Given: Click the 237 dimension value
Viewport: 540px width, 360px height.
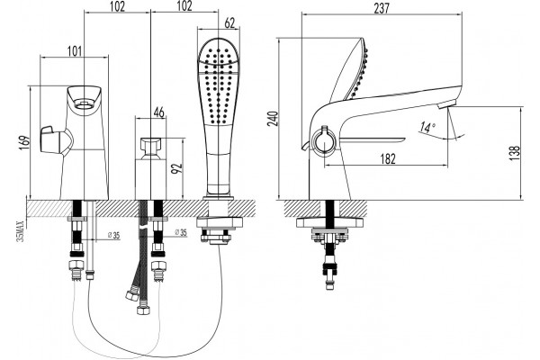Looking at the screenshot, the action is (x=382, y=7).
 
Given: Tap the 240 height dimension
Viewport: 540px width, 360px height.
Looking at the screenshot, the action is (x=273, y=119).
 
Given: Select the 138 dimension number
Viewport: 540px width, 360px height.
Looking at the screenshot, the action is (x=515, y=153).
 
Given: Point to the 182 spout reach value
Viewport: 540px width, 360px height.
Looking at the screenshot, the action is (x=388, y=158).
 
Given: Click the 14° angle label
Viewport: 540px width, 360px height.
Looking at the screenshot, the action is (x=427, y=128).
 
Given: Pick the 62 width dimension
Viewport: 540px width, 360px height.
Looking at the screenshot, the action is (x=229, y=22).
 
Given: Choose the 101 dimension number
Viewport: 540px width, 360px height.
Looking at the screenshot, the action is (x=75, y=51).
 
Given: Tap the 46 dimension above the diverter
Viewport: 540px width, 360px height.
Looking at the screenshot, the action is (x=158, y=112).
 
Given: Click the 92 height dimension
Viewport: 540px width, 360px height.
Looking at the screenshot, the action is (x=177, y=168).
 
